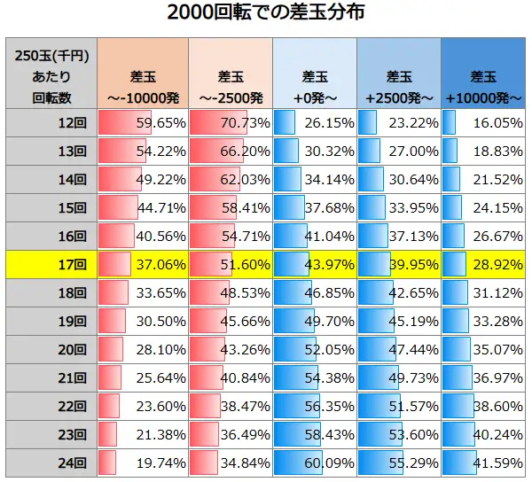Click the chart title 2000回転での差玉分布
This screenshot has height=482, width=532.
pyautogui.click(x=266, y=15)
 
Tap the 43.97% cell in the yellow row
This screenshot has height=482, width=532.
pyautogui.click(x=329, y=265)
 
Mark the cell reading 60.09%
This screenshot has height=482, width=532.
pyautogui.click(x=329, y=463)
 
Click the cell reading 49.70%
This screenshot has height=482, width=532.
pyautogui.click(x=329, y=322)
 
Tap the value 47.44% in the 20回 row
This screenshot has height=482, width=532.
pyautogui.click(x=412, y=350)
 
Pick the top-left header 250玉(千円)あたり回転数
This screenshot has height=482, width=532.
pyautogui.click(x=51, y=73)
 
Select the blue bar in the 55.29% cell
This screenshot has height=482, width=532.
pyautogui.click(x=380, y=463)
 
